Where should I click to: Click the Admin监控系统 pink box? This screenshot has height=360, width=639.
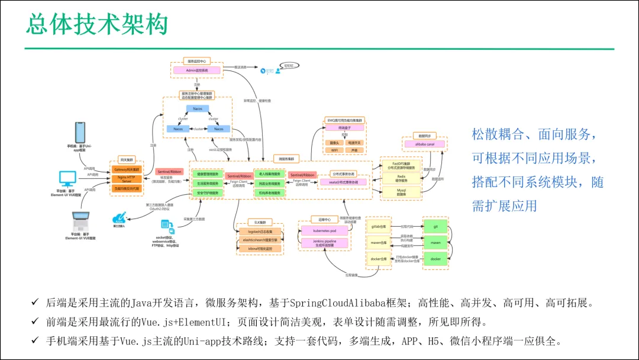tap(196, 70)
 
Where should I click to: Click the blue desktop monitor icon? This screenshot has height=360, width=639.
tap(67, 178)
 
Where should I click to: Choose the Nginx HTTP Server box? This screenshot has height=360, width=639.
tap(127, 179)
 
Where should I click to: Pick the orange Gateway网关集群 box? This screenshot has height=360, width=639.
tap(127, 169)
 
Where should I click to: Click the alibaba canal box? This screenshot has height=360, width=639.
tap(424, 144)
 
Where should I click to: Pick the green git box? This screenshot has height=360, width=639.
tap(435, 226)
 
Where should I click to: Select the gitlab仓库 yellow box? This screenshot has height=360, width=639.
tap(379, 226)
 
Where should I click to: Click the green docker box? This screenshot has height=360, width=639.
tap(435, 259)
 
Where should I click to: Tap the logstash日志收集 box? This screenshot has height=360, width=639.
tap(259, 232)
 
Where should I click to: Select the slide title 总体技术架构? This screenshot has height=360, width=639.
tap(96, 24)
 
